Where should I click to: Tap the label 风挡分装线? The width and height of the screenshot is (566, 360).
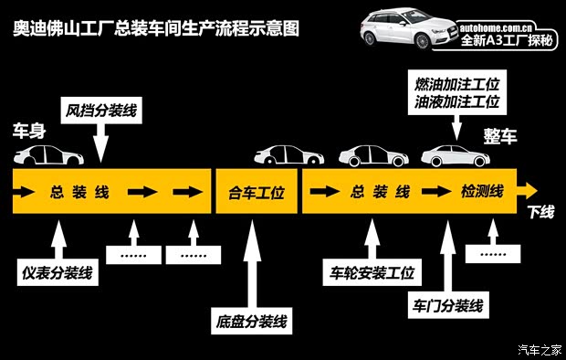(x=100, y=111)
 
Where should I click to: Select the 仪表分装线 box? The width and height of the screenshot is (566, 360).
(x=57, y=271)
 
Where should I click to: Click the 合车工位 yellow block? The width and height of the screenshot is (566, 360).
(x=255, y=193)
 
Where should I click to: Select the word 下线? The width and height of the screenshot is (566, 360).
(x=540, y=213)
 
